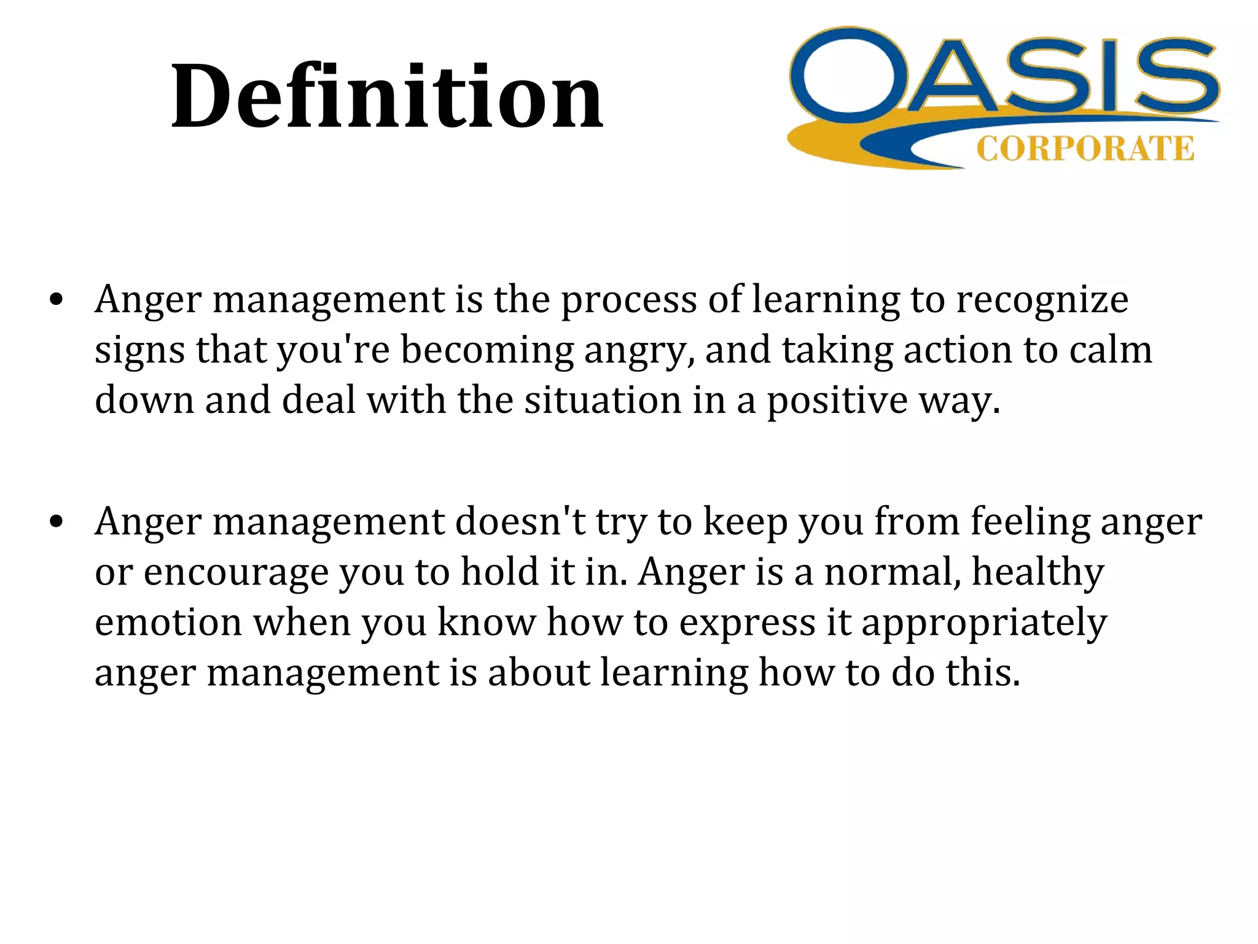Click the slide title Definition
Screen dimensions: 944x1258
(387, 96)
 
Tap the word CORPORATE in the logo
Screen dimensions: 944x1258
(1085, 149)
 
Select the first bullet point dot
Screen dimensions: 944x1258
(57, 301)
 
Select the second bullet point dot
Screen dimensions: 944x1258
(57, 523)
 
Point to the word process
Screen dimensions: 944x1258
(628, 301)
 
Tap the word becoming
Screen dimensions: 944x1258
(487, 351)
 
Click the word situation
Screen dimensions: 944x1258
(603, 401)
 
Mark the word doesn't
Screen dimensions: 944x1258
(520, 522)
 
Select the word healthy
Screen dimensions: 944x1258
(1037, 573)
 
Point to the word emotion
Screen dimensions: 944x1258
(168, 623)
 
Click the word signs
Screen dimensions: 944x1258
(139, 351)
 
